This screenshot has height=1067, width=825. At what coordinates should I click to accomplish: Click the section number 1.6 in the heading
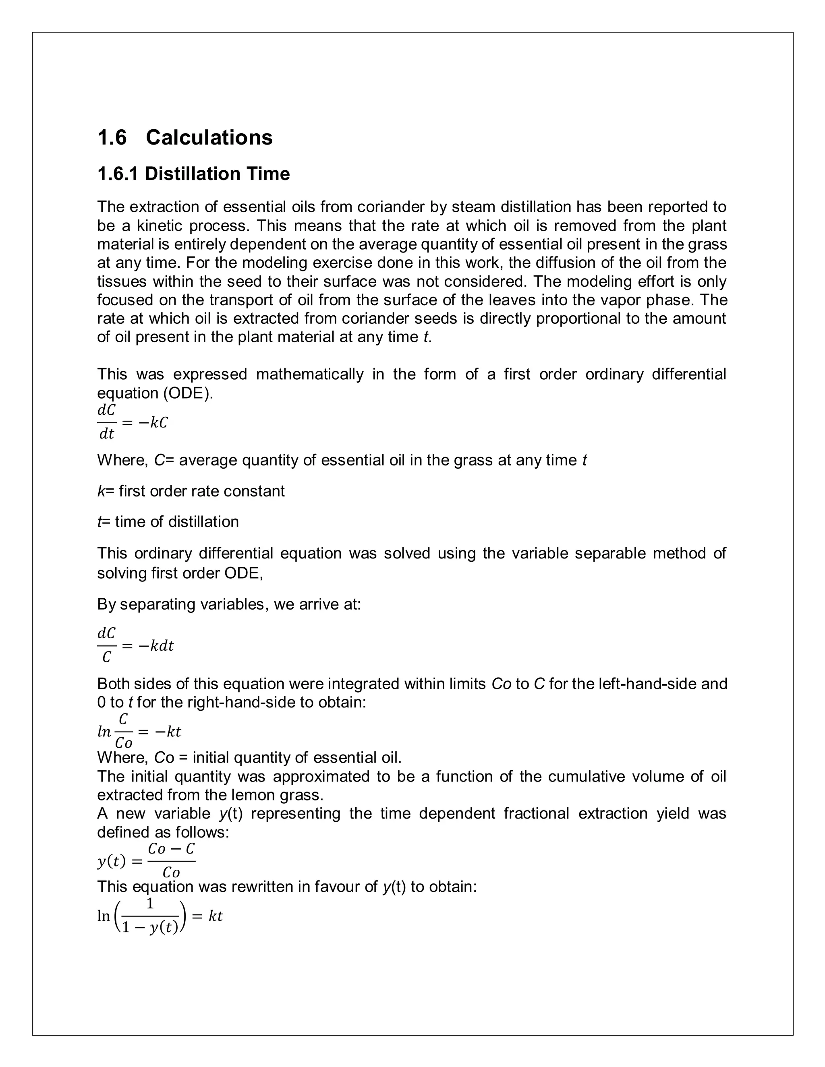pyautogui.click(x=112, y=137)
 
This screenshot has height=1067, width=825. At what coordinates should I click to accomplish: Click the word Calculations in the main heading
pyautogui.click(x=209, y=137)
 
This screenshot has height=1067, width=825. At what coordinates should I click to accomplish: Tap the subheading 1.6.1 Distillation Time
pyautogui.click(x=193, y=174)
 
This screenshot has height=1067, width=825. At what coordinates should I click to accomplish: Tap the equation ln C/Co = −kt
pyautogui.click(x=139, y=731)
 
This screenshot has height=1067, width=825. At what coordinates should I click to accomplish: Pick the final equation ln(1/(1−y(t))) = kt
pyautogui.click(x=160, y=916)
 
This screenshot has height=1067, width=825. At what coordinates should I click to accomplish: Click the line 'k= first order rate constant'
pyautogui.click(x=191, y=491)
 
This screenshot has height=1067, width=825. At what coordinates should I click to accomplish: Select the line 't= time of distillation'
pyautogui.click(x=168, y=522)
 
